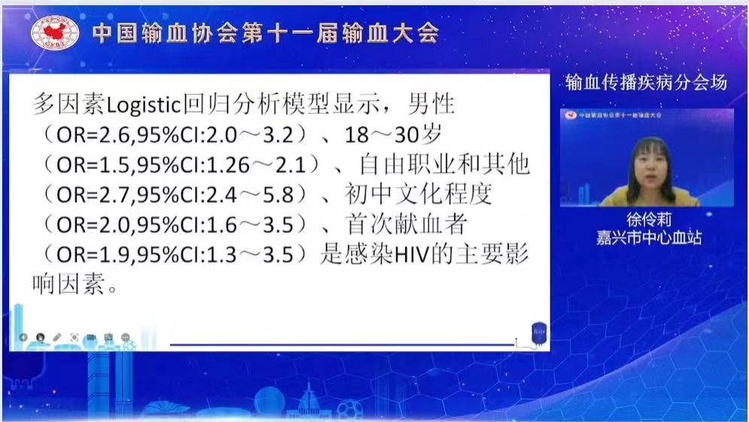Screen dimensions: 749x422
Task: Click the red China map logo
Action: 55,32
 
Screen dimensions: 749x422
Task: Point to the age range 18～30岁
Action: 393,135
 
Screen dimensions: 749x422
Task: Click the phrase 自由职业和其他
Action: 444,164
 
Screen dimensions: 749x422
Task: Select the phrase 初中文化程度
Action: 418,194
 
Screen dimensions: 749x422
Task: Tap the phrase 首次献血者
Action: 406,224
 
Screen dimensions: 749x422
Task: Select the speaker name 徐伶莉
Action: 649,219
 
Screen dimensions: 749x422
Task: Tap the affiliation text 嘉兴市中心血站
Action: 649,238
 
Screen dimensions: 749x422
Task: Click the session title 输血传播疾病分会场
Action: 646,82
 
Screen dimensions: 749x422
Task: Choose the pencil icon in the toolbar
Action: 57,338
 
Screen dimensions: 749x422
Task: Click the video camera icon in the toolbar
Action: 91,338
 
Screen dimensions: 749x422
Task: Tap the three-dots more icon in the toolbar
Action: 125,338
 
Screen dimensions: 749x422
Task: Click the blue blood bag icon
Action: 539,333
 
